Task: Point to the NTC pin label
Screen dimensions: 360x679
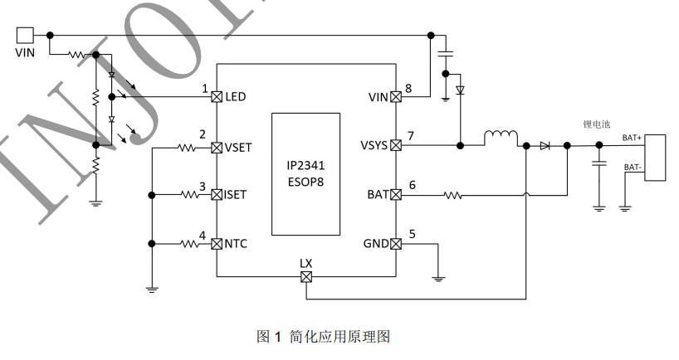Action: [x=236, y=244]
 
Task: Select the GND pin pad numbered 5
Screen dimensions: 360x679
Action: [x=396, y=244]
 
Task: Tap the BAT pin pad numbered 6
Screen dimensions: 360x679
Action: [x=396, y=195]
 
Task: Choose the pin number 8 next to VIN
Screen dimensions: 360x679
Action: [x=408, y=88]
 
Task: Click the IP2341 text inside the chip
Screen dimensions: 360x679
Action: [x=305, y=164]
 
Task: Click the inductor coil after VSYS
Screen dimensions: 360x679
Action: [x=501, y=137]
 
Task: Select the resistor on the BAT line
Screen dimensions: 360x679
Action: [x=452, y=196]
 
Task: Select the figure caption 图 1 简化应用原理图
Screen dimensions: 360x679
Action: [x=323, y=336]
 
